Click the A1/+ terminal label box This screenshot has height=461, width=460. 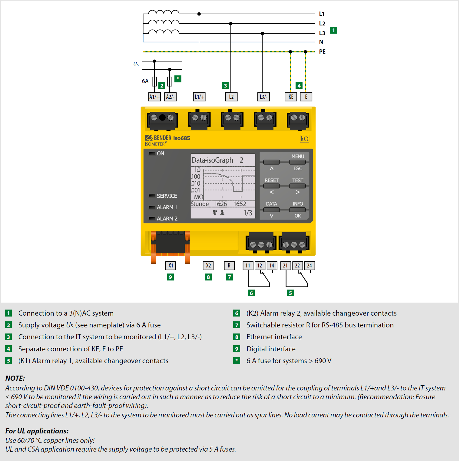pyautogui.click(x=154, y=97)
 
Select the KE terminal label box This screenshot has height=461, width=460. pyautogui.click(x=291, y=97)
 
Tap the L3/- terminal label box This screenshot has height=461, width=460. pyautogui.click(x=263, y=97)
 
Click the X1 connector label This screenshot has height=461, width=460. pyautogui.click(x=171, y=266)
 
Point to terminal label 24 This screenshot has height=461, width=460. pyautogui.click(x=309, y=266)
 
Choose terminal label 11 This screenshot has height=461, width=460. pyautogui.click(x=248, y=266)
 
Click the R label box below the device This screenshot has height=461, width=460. pyautogui.click(x=229, y=266)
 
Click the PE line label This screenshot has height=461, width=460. pyautogui.click(x=322, y=52)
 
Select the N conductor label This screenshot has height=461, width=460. pyautogui.click(x=321, y=42)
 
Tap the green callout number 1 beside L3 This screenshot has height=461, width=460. pyautogui.click(x=333, y=30)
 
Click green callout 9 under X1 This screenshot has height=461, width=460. pyautogui.click(x=170, y=277)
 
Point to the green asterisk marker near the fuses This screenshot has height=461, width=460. pyautogui.click(x=178, y=79)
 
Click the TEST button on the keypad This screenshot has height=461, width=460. pyautogui.click(x=297, y=186)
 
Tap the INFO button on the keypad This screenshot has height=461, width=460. pyautogui.click(x=297, y=209)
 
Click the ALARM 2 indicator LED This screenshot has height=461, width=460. pyautogui.click(x=152, y=218)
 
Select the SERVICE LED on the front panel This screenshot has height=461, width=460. pyautogui.click(x=152, y=196)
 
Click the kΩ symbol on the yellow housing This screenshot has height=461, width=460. pyautogui.click(x=304, y=139)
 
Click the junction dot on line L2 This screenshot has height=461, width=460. pyautogui.click(x=231, y=24)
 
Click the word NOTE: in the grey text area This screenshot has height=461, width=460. pyautogui.click(x=15, y=378)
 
